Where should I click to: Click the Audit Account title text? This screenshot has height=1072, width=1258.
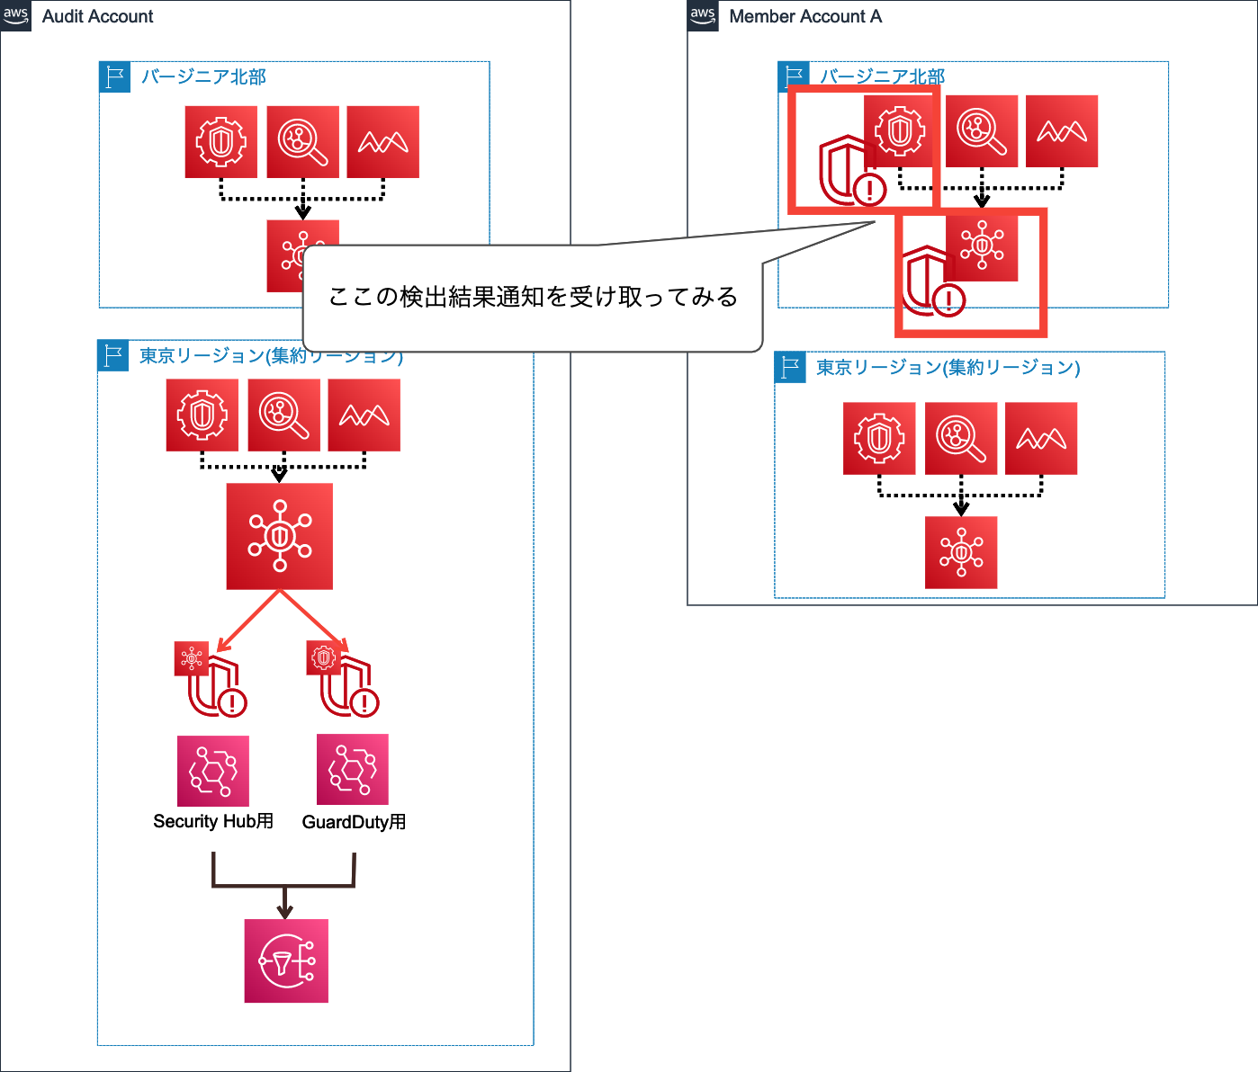(x=97, y=16)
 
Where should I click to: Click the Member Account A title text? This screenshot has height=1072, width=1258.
(x=804, y=16)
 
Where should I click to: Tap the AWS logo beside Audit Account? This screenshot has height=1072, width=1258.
(x=16, y=15)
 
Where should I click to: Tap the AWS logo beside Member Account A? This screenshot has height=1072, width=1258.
(x=703, y=15)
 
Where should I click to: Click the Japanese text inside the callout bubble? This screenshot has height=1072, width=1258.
(x=533, y=297)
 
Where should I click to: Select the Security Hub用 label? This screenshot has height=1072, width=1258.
(x=213, y=821)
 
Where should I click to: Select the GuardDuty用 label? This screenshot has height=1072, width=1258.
(x=354, y=822)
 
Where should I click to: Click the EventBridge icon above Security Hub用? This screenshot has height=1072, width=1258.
(x=213, y=771)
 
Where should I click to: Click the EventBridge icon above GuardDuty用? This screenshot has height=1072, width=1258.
(x=353, y=770)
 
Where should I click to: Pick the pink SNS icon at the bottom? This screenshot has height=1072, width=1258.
(x=286, y=960)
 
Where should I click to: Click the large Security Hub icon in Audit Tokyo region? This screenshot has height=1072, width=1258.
(x=280, y=537)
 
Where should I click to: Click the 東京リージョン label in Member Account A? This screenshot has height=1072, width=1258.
(x=948, y=367)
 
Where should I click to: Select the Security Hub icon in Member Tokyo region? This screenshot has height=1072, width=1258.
(x=961, y=552)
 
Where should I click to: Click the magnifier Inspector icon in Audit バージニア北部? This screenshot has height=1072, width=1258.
(x=302, y=142)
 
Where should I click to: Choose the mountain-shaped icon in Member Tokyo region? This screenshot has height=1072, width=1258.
(x=1041, y=439)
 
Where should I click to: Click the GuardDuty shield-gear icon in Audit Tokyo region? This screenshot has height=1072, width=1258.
(x=202, y=415)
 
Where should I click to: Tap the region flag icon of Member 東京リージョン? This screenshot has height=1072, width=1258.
(x=790, y=367)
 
